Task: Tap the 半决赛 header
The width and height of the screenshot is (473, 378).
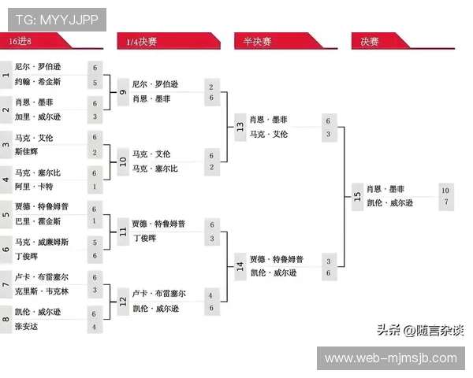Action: tap(257, 41)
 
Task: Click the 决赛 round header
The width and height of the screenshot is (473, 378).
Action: tap(370, 41)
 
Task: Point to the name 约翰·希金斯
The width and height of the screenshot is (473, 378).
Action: tap(38, 82)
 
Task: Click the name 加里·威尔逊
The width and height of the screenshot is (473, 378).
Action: tap(38, 117)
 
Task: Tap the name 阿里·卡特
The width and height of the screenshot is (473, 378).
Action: tap(34, 187)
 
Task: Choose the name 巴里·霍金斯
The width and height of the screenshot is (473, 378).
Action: tap(38, 221)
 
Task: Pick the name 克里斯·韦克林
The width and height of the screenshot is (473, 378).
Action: tap(42, 291)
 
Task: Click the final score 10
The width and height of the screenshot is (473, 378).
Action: tap(445, 190)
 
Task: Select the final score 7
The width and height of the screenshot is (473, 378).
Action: tap(445, 203)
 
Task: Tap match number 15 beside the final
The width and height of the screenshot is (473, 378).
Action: tap(356, 196)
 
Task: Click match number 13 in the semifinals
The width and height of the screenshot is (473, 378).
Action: tap(240, 127)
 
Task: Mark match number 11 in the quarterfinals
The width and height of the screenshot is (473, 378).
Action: tap(123, 232)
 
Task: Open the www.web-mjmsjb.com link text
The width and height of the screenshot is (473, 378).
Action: tap(390, 358)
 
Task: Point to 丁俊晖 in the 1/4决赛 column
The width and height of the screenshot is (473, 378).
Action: tap(144, 238)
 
